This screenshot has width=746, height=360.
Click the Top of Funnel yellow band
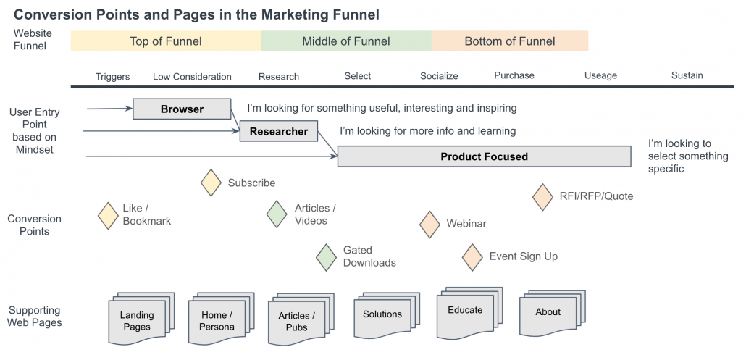coord(166,41)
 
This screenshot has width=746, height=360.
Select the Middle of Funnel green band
coord(346,41)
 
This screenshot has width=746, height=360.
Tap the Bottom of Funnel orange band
coord(510,41)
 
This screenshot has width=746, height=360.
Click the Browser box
coord(182,109)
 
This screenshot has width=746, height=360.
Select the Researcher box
coord(279,132)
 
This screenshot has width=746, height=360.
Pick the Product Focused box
coord(484,156)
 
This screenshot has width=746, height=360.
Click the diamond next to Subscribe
coord(211,183)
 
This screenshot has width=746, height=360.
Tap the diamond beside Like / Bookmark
coord(108,215)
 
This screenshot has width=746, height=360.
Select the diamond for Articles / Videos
coord(276,214)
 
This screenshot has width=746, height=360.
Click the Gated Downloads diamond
coord(327,256)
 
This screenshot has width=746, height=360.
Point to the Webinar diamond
coord(430,224)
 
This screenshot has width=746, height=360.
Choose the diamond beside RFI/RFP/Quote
coord(542,196)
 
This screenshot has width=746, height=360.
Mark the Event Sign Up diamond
coord(472,256)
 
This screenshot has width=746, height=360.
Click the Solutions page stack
coord(383,314)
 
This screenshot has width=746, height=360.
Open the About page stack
coord(549,313)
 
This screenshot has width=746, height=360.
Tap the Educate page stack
coord(466,311)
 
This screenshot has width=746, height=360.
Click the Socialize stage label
coord(439,76)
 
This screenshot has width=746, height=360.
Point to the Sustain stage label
coord(687,75)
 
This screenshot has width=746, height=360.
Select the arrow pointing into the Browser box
coord(109,109)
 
